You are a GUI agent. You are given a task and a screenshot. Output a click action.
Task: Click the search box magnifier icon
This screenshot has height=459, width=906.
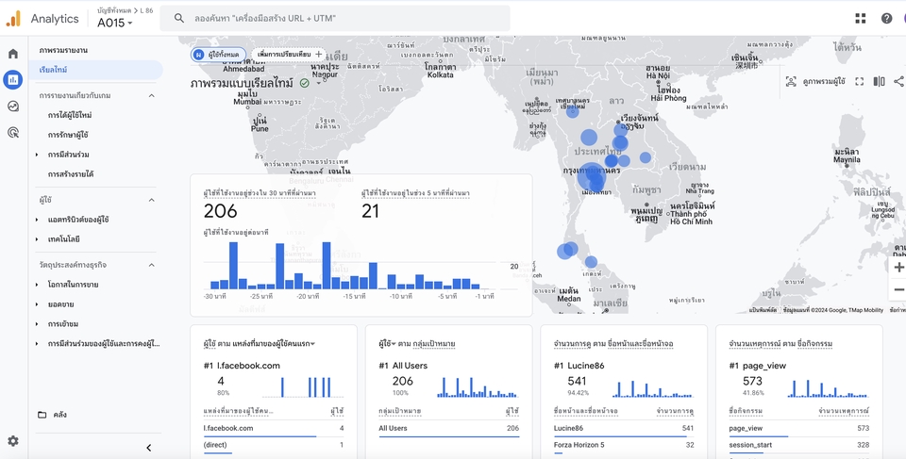pos(179,18)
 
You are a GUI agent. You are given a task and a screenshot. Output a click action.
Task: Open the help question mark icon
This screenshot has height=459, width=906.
pos(886,18)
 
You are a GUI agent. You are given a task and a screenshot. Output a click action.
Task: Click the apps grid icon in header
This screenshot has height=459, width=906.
pos(861,18)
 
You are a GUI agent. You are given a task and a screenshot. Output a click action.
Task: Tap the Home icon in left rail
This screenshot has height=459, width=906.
pos(13,54)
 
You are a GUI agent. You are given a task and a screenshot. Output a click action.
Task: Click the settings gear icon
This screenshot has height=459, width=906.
pos(13,440)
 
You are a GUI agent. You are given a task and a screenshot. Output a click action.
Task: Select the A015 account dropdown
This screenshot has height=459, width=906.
pos(115,23)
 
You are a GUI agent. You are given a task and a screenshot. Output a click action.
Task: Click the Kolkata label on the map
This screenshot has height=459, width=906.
pos(439,74)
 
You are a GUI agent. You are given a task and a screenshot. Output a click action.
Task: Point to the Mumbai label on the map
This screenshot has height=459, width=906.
pos(221,102)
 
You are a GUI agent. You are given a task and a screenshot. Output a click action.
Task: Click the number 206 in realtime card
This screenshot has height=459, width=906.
pos(221,211)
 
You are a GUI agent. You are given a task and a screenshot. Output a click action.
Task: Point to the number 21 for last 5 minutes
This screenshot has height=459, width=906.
pos(370,211)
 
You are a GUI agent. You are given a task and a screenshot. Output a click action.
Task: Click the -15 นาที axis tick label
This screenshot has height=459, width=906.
pos(354,297)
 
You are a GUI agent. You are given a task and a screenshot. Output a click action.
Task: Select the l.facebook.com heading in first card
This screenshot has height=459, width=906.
pos(248,366)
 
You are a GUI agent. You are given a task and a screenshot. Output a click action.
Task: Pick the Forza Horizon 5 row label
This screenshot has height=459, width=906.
pos(580,445)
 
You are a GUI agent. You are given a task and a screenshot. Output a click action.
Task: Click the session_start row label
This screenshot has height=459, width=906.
pos(750,445)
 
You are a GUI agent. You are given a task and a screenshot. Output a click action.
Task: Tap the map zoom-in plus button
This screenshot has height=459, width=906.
pos(898,268)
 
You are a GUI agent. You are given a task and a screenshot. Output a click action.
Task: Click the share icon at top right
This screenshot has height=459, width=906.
pos(898,82)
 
